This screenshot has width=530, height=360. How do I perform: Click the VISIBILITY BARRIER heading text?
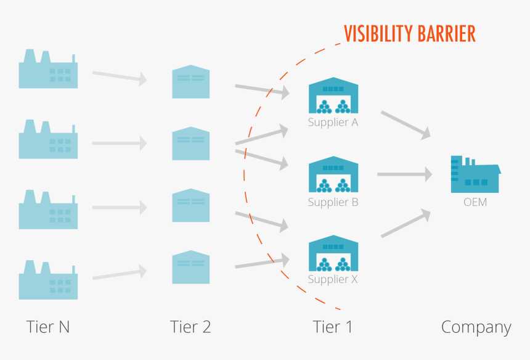tap(409, 33)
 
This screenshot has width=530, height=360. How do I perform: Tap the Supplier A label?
tap(333, 122)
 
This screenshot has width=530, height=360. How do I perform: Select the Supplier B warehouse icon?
tap(333, 174)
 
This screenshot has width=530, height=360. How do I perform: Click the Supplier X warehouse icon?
tap(333, 253)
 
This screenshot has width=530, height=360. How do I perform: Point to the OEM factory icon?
tap(475, 174)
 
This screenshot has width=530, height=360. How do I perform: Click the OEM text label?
tap(475, 202)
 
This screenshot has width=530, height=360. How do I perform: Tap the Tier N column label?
tap(48, 327)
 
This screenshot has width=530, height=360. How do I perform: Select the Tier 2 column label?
tap(190, 327)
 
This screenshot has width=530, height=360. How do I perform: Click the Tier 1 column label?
tap(333, 327)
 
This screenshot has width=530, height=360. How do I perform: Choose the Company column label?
tap(476, 327)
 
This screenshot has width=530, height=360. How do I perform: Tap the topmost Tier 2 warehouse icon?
tap(190, 81)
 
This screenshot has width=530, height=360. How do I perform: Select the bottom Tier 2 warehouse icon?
tap(190, 266)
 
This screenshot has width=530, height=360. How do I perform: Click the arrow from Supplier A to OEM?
tap(405, 124)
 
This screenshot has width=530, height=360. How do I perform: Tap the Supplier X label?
tap(333, 279)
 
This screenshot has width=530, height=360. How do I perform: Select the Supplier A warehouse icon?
tap(333, 96)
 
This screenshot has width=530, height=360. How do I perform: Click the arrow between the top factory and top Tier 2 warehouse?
tap(119, 76)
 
